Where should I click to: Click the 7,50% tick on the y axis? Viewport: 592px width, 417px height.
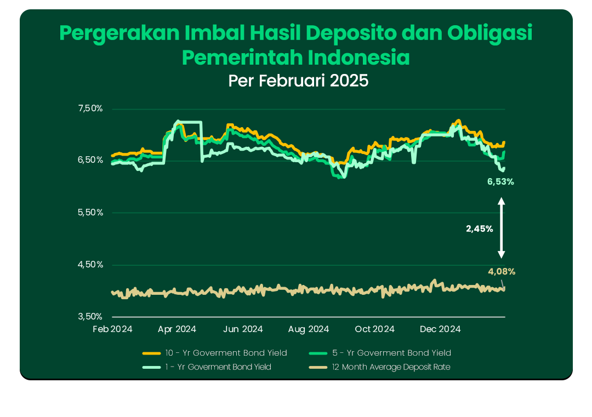point(90,108)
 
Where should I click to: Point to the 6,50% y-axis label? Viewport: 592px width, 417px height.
point(90,160)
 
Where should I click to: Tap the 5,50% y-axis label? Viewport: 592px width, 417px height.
point(90,213)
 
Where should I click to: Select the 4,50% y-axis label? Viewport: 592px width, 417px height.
point(90,265)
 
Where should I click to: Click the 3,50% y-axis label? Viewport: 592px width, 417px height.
point(90,317)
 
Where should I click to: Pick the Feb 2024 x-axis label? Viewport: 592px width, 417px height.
point(113,329)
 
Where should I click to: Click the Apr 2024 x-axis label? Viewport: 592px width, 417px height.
point(177,329)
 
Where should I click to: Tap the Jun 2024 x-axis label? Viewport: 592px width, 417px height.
point(243,329)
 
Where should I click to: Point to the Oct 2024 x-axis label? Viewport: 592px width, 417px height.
point(375,329)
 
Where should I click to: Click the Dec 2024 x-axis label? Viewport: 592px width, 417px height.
point(440,329)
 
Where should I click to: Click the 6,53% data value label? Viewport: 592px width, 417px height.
point(500,181)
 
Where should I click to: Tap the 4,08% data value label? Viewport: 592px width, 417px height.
point(502,271)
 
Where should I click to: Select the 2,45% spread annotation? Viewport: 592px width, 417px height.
point(480,229)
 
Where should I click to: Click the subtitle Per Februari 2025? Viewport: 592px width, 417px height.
point(299,81)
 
